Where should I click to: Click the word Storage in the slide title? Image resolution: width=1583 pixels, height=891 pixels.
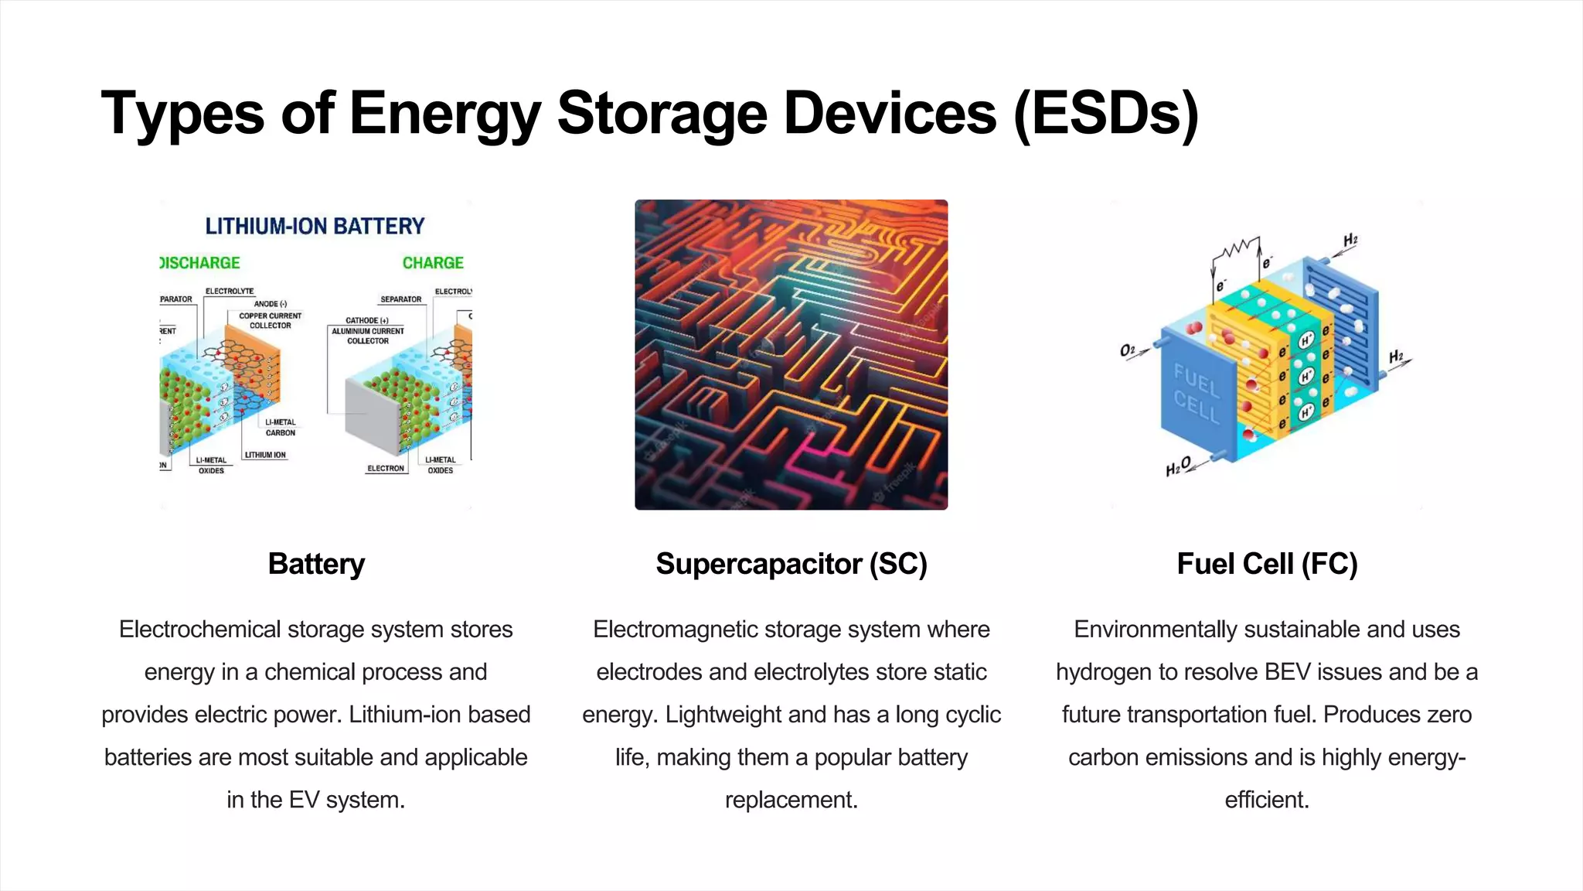[662, 114]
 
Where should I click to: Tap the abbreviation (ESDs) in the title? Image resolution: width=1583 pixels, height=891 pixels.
[1105, 114]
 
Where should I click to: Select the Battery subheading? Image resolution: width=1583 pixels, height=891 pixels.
[316, 564]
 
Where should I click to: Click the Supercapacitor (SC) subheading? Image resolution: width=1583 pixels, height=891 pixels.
[791, 564]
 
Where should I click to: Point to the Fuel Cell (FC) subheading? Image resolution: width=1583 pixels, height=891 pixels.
[1267, 564]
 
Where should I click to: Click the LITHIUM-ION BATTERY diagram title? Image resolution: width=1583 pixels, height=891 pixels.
[315, 226]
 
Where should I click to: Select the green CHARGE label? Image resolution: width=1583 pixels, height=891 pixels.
[433, 263]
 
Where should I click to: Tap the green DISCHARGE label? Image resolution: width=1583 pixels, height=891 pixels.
[200, 263]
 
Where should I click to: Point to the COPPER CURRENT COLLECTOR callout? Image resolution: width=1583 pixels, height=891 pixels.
[270, 320]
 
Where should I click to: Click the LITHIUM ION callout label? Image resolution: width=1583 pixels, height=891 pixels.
[265, 455]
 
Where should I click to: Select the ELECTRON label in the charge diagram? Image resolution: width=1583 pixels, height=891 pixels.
[386, 469]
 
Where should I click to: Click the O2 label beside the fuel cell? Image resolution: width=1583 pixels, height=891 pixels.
[1128, 350]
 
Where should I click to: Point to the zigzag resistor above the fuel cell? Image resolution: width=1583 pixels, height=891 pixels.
[1236, 248]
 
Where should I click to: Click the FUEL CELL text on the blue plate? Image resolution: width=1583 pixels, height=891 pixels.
[1197, 394]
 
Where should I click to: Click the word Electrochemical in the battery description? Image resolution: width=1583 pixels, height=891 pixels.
[200, 630]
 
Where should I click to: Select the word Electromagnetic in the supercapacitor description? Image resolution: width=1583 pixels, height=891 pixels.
[676, 630]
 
